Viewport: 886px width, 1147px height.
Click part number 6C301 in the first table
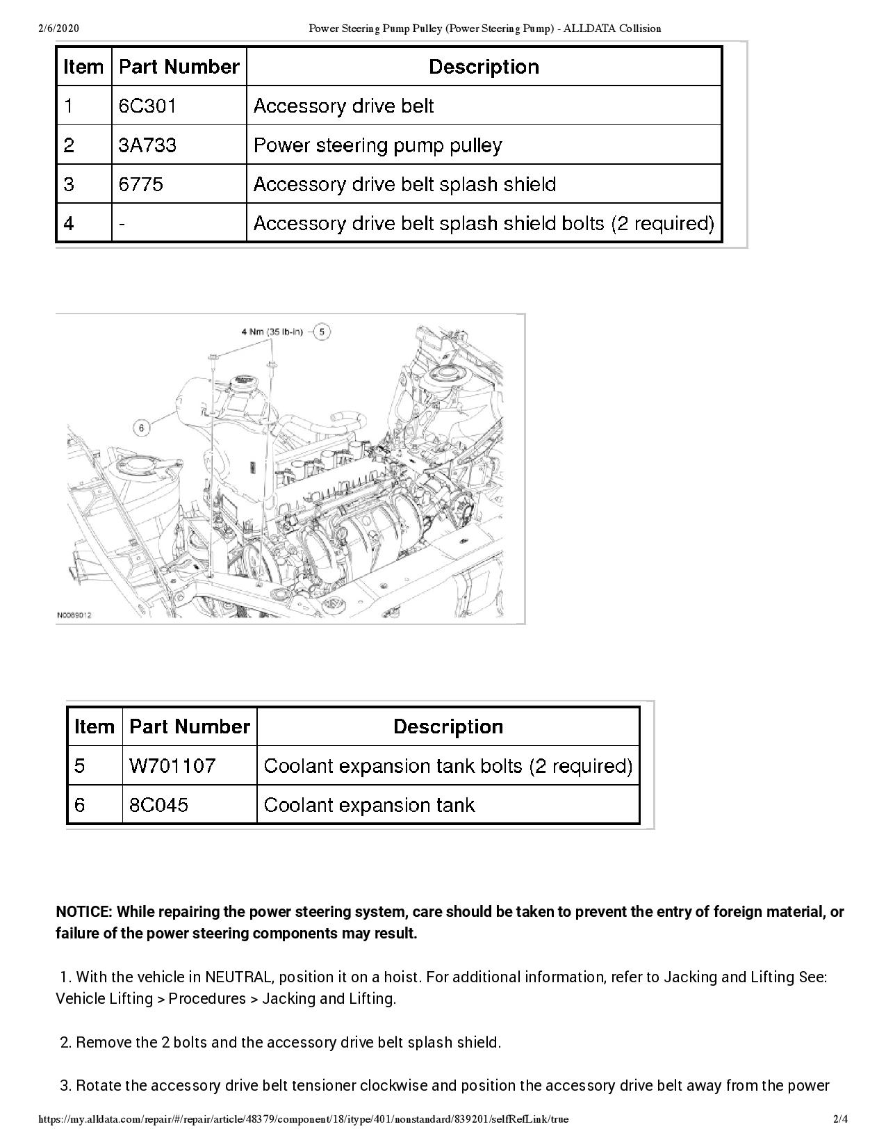tap(147, 106)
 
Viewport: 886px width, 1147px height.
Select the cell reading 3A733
tap(147, 145)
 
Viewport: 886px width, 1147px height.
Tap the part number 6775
tap(141, 184)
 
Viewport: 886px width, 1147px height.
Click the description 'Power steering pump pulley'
tap(377, 145)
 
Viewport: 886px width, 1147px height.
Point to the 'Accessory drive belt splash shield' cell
tap(404, 184)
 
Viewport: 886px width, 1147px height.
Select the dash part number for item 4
tap(122, 223)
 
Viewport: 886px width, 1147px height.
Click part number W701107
tap(172, 766)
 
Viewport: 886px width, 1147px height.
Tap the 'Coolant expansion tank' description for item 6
tap(369, 805)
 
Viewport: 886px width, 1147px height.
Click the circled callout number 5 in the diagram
tap(322, 332)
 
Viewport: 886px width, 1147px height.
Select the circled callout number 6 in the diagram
tap(142, 428)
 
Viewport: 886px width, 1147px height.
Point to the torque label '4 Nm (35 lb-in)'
tap(272, 332)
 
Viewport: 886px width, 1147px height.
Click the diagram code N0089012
tap(74, 615)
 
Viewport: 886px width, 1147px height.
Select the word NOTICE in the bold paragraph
tap(83, 911)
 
